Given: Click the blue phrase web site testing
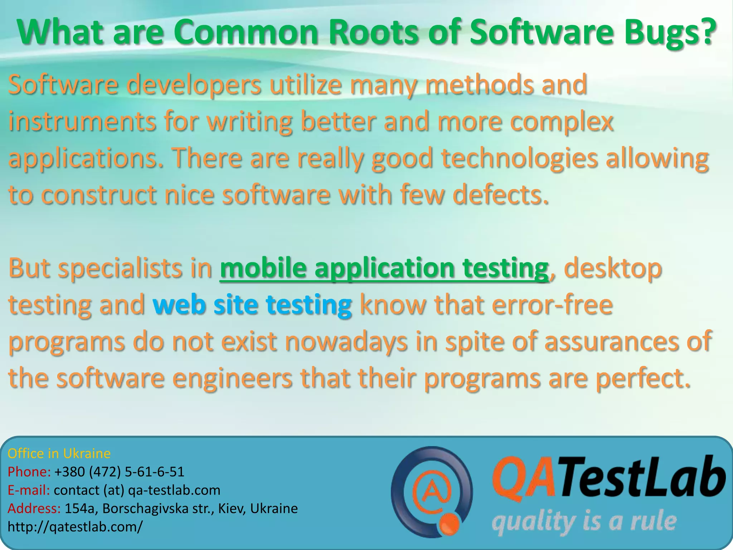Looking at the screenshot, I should click(x=252, y=305).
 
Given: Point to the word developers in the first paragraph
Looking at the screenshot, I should click(x=194, y=85).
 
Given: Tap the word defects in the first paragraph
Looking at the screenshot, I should click(x=500, y=195).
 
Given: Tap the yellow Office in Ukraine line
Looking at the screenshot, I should click(x=59, y=454).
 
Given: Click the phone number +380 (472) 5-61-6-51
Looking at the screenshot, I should click(x=119, y=472).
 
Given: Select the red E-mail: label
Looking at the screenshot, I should click(x=29, y=490).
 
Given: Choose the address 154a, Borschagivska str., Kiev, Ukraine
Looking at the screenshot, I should click(x=181, y=508).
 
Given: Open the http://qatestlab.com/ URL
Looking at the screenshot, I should click(x=75, y=527).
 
